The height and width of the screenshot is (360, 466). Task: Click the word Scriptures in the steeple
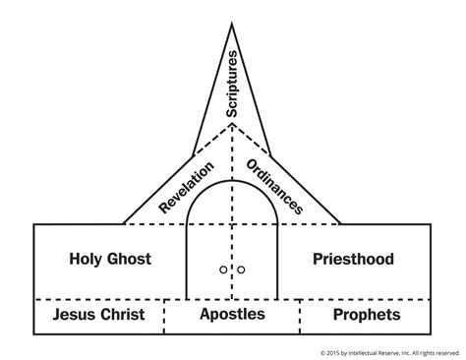pos(233,84)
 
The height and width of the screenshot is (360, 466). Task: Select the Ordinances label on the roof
pos(274,185)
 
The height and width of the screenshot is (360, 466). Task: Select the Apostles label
pos(232,315)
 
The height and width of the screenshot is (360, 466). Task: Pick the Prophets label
pos(366,315)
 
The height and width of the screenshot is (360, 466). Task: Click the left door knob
pos(225,269)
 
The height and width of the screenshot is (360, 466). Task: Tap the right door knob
pos(240,269)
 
